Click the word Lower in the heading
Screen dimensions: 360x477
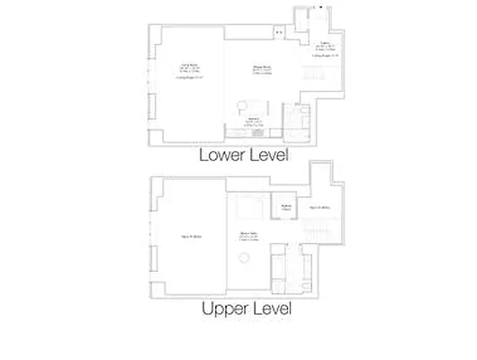pyautogui.click(x=220, y=155)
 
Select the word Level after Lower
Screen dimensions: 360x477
pyautogui.click(x=268, y=155)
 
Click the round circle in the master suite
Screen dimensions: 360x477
pyautogui.click(x=243, y=258)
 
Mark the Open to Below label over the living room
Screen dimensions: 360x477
pyautogui.click(x=190, y=237)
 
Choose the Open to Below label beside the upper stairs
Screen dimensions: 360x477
pyautogui.click(x=320, y=208)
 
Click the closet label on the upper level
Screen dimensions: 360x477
pyautogui.click(x=286, y=205)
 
